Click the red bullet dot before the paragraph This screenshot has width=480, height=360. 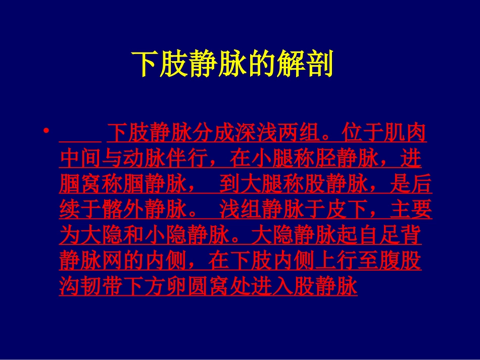click(x=47, y=132)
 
